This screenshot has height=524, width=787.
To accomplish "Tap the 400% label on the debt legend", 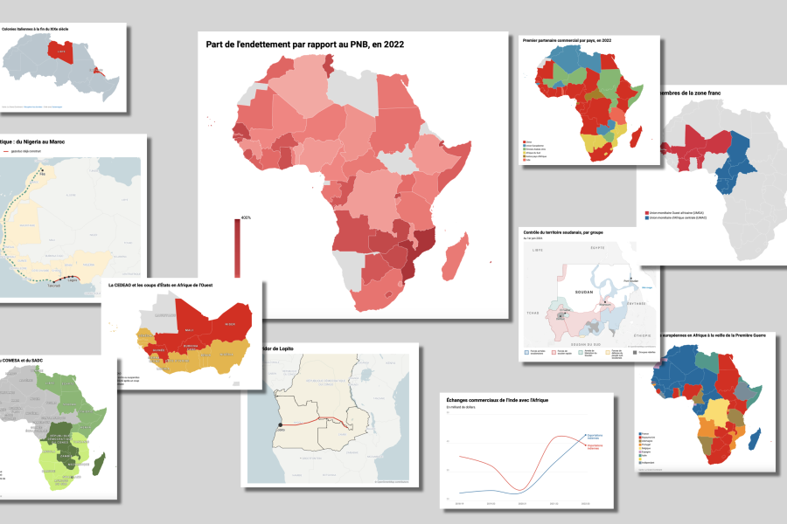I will [x=246, y=217].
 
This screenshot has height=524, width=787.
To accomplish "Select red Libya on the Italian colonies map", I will [x=61, y=54].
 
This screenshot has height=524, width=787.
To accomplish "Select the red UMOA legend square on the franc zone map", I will [x=646, y=212].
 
